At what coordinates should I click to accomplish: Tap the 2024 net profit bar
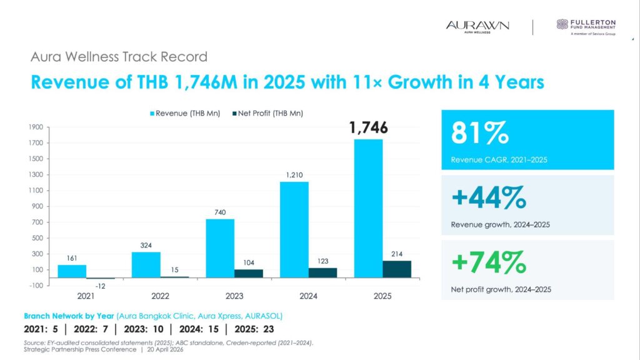coord(322,272)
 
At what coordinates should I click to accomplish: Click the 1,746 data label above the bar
coord(369,128)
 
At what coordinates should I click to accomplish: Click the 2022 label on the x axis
coord(161,296)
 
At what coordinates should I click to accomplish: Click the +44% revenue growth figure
coord(488,199)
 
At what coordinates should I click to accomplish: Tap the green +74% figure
coord(488,263)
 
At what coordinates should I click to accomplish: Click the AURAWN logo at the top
coord(477,26)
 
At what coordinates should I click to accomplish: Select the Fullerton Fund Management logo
coord(586,27)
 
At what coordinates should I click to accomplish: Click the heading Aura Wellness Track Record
coord(119,57)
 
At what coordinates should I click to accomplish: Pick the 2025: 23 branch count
coord(253,329)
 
